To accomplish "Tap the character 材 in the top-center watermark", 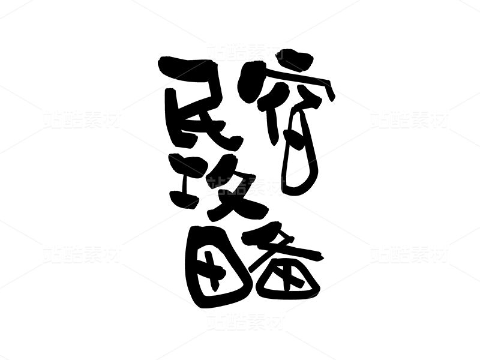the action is click(275, 52).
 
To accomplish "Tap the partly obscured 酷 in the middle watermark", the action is click(236, 186).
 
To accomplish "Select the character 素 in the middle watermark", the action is click(256, 186).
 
